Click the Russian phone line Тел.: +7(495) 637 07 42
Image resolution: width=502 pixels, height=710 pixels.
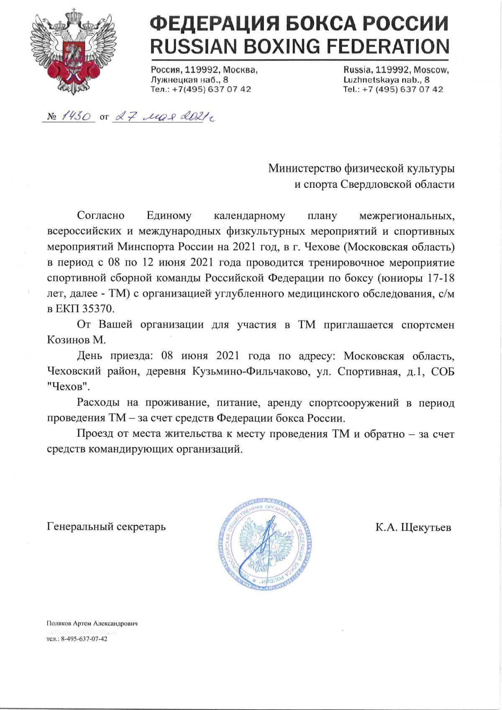(x=201, y=89)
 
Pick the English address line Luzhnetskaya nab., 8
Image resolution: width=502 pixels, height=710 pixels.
(x=386, y=79)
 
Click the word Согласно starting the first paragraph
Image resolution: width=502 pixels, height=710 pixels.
(x=101, y=216)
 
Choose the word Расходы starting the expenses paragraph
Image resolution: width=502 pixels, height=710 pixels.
(x=99, y=403)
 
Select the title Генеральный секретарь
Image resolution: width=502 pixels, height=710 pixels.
(x=106, y=526)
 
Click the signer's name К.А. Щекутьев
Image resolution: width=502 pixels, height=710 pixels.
(x=413, y=527)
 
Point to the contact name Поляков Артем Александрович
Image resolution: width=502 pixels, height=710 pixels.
(x=92, y=623)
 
